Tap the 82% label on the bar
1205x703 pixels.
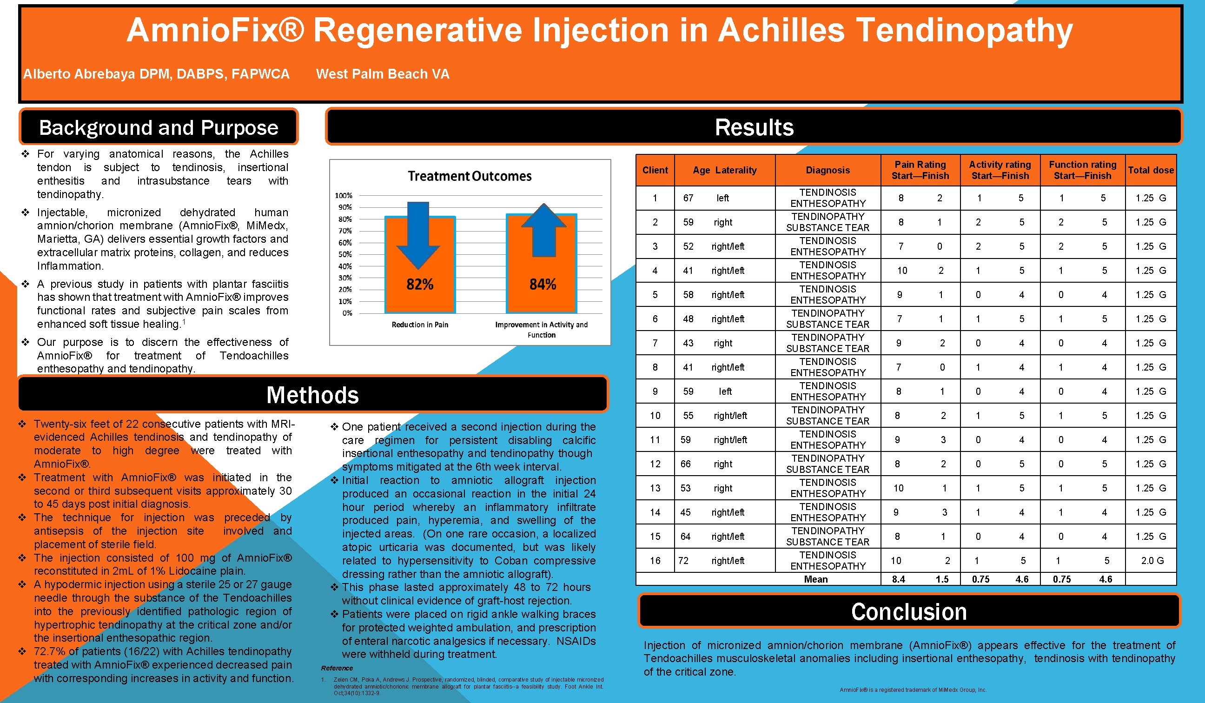419,285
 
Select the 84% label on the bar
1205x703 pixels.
542,285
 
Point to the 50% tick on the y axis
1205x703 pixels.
345,254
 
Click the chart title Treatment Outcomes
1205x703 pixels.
469,176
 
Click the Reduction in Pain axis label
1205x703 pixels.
419,325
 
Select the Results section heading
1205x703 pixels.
754,127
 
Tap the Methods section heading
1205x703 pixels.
312,395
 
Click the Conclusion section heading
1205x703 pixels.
908,612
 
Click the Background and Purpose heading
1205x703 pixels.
158,128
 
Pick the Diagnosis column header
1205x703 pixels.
827,170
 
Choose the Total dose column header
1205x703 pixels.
1150,170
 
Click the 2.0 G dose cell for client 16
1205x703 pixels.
1152,560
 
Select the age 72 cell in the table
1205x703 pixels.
683,560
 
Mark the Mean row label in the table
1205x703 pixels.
815,579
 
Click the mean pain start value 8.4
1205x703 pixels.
898,579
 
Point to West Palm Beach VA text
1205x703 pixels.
382,74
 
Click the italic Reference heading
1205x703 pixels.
337,668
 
